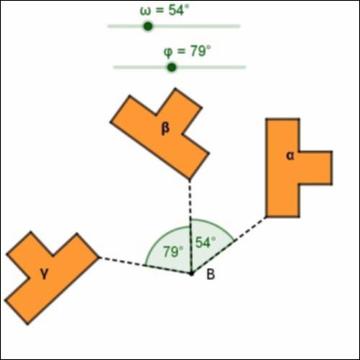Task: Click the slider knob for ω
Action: (x=148, y=26)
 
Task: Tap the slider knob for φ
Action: (x=171, y=68)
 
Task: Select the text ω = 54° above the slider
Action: (x=164, y=11)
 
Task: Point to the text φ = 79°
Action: (x=187, y=51)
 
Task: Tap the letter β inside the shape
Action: (x=166, y=129)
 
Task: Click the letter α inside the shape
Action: (x=290, y=156)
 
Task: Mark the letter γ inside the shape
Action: (x=45, y=273)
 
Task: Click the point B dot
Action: (x=192, y=274)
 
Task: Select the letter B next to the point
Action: (x=210, y=274)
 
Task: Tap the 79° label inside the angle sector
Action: (x=174, y=251)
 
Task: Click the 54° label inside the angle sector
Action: (x=205, y=242)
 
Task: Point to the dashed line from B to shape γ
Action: (x=145, y=266)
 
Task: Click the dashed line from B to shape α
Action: (x=229, y=245)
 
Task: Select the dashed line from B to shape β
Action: (x=190, y=226)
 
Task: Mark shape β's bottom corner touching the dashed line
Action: (x=189, y=179)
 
